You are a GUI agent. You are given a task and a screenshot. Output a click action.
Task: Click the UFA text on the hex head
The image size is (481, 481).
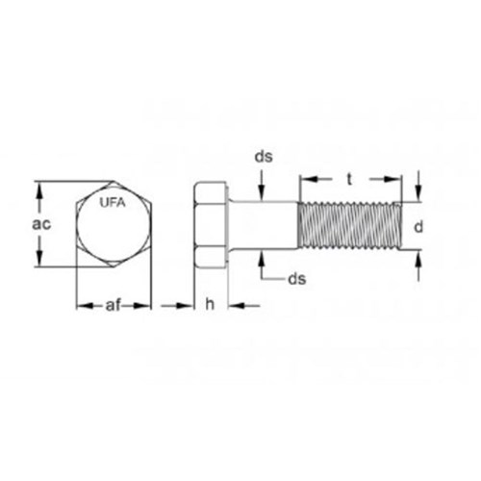pyautogui.click(x=113, y=203)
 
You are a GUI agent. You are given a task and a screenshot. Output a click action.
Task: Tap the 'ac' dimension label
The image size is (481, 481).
pyautogui.click(x=41, y=224)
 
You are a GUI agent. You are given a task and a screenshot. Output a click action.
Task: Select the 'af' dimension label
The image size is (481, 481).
pyautogui.click(x=113, y=305)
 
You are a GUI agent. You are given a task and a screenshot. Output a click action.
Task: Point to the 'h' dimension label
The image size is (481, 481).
pyautogui.click(x=210, y=304)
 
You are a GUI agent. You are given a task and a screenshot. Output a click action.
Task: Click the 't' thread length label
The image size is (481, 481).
pyautogui.click(x=349, y=180)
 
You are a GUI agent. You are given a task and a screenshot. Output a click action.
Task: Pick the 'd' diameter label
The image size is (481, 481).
pyautogui.click(x=418, y=226)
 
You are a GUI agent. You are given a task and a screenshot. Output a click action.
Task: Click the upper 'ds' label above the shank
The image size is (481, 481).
pyautogui.click(x=264, y=157)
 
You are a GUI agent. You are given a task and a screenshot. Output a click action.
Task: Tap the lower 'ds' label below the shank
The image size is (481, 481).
pyautogui.click(x=297, y=279)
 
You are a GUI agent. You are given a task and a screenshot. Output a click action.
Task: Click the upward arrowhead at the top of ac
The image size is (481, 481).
pyautogui.click(x=39, y=192)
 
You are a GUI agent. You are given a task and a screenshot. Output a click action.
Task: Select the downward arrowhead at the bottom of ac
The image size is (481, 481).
pyautogui.click(x=39, y=257)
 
